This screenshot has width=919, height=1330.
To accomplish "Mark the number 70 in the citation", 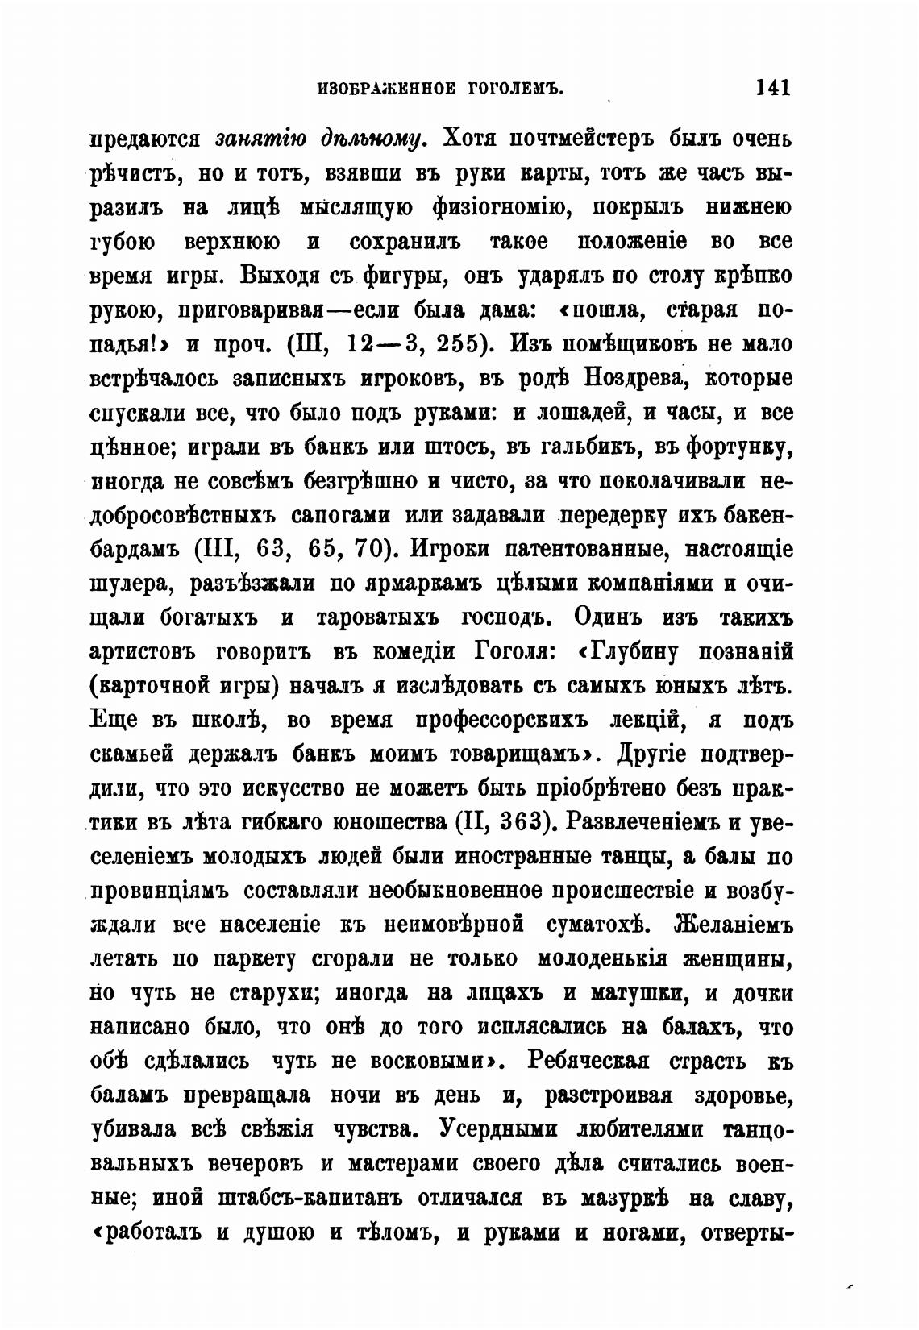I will tap(368, 550).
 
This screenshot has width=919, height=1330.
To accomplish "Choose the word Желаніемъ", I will tap(734, 925).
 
